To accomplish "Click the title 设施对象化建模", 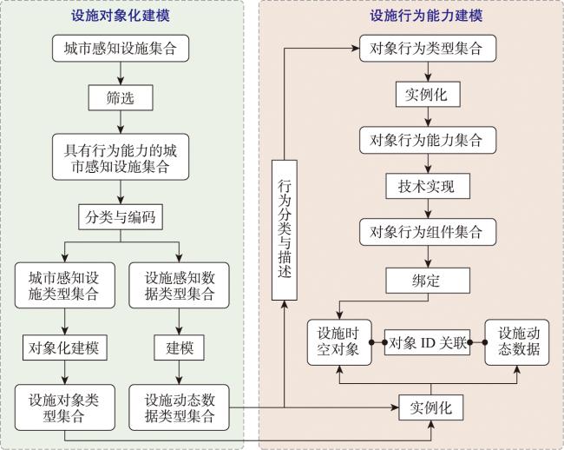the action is click(x=121, y=16).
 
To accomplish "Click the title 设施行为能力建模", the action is click(x=427, y=16).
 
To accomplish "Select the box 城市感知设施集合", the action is click(x=121, y=49).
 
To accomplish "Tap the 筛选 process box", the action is click(x=121, y=97).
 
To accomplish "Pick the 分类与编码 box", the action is click(x=121, y=217).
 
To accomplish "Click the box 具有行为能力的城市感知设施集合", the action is click(x=121, y=157).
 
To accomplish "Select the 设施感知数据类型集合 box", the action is click(x=179, y=285).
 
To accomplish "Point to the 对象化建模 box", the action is click(x=65, y=347).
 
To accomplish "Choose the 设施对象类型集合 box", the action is click(x=65, y=407).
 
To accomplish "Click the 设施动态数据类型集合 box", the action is click(x=179, y=407).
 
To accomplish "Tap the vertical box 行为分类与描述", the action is click(x=284, y=230).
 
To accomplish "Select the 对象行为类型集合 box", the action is click(x=428, y=49).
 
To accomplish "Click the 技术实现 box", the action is click(x=428, y=186).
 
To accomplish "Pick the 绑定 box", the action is click(x=428, y=281).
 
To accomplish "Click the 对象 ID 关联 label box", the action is click(x=427, y=342).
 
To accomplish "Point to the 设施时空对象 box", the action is click(x=339, y=342).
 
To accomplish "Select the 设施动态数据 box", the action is click(x=517, y=342).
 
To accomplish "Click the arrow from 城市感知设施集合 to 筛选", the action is click(x=121, y=74).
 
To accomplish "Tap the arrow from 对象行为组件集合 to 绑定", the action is click(x=428, y=256).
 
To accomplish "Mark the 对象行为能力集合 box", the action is click(x=428, y=140).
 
